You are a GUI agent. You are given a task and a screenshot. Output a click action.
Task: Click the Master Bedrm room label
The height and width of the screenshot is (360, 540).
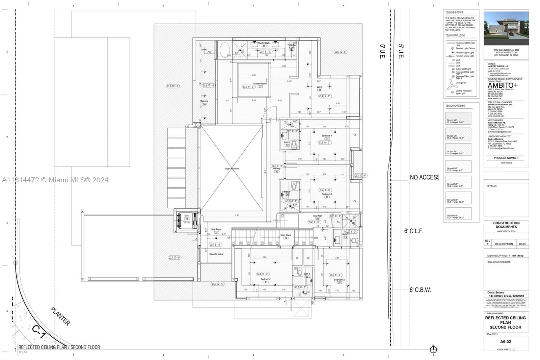[x=260, y=83]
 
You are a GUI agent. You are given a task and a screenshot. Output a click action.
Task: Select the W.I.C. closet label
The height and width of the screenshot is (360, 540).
[x=319, y=87]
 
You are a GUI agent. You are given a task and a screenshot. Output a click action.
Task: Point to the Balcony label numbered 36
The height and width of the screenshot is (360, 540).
[x=204, y=101]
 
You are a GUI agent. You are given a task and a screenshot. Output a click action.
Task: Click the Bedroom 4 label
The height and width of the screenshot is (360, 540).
[x=326, y=136]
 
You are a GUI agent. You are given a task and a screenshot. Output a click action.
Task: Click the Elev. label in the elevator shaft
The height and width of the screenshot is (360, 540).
[x=187, y=216]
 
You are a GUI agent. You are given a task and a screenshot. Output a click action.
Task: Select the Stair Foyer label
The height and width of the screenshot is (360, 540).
[x=216, y=229]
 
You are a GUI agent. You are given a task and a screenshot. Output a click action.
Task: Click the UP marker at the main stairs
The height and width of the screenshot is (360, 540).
[x=229, y=238]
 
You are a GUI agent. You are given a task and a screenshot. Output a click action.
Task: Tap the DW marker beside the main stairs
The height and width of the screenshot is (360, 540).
[x=316, y=238]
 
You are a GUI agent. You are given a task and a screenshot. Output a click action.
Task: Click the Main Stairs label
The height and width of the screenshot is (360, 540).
[x=286, y=235]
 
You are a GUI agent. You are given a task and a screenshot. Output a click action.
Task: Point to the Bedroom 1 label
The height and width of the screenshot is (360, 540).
[x=266, y=279]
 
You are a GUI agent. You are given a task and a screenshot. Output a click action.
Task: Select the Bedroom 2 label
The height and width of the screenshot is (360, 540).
[x=339, y=280]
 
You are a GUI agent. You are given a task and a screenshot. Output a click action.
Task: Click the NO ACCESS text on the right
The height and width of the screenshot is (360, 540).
[x=424, y=177]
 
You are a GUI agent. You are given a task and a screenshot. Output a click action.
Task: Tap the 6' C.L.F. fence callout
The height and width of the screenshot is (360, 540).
[x=414, y=231]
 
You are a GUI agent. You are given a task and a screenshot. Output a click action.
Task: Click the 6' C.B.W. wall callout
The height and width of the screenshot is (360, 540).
[x=420, y=290]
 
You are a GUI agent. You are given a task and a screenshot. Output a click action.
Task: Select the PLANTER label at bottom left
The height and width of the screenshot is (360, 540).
[x=60, y=316]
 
